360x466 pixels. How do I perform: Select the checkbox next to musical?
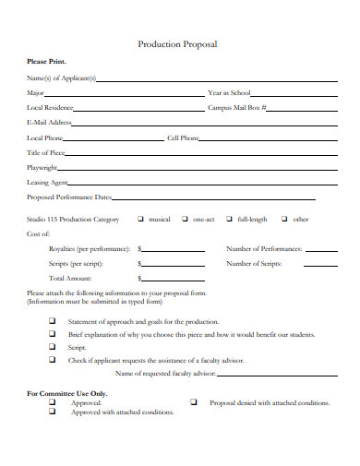140,220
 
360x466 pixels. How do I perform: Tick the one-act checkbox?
186,220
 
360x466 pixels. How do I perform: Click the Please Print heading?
46,62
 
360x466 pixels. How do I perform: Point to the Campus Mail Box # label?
237,108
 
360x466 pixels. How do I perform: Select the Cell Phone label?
183,138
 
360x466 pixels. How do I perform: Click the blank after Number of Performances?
321,250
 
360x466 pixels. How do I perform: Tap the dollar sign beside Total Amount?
138,278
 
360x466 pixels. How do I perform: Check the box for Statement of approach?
52,321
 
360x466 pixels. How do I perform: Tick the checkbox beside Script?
52,347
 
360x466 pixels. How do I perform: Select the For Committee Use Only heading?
67,394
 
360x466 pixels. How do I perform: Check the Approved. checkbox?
52,403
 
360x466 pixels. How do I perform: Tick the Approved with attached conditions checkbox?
52,412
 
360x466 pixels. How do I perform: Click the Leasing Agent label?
47,183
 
